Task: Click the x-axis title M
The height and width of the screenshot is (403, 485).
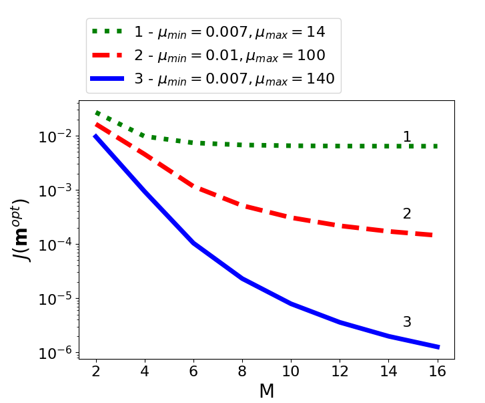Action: pyautogui.click(x=266, y=391)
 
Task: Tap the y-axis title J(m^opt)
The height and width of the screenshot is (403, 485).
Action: pyautogui.click(x=23, y=230)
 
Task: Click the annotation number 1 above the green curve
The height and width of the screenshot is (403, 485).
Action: pyautogui.click(x=407, y=137)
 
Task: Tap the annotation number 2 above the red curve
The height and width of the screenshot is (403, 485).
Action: pyautogui.click(x=407, y=214)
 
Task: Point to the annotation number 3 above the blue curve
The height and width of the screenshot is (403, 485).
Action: pyautogui.click(x=407, y=322)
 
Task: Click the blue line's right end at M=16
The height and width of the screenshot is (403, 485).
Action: pyautogui.click(x=437, y=347)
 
